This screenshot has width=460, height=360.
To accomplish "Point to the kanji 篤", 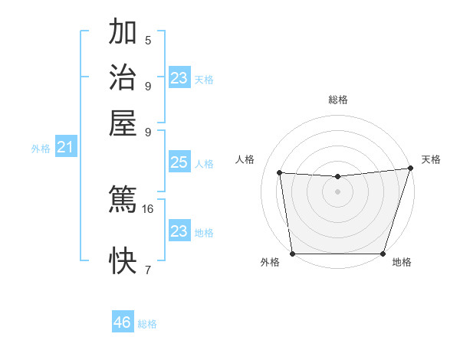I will point(123,200).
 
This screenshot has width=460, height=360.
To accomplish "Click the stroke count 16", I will point(148,208).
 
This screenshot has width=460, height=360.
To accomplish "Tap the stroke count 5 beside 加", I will point(148,41).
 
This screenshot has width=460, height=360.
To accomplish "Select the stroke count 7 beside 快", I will point(148,270).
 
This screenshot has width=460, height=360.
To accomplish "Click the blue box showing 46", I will point(123,322).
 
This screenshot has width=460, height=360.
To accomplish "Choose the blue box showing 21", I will point(65,148).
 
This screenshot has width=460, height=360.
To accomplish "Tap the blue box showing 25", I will point(179,162).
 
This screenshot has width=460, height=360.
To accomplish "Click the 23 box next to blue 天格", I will point(179,78).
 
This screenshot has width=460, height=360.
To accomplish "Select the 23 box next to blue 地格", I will point(179,231).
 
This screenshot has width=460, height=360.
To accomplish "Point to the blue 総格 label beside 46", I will point(147,324).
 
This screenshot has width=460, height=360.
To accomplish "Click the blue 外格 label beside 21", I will point(41,149).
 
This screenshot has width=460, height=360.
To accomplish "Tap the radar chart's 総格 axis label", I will point(337,100).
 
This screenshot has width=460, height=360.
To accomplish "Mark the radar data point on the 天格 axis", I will point(410,169).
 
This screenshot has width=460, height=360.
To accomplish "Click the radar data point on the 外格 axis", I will point(292,254).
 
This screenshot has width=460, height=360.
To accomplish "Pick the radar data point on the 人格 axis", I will point(280,173).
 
